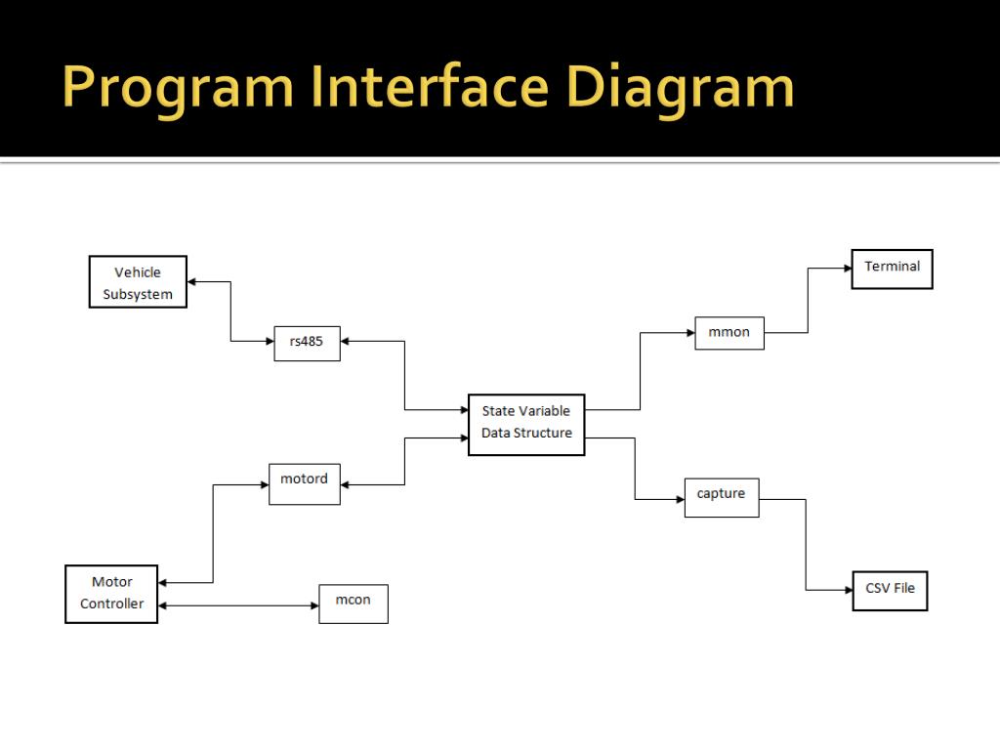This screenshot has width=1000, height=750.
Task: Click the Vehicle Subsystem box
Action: point(138,282)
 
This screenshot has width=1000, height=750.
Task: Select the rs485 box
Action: point(307,342)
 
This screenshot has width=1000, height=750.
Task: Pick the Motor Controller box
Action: point(111,593)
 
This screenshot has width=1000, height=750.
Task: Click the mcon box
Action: point(354,604)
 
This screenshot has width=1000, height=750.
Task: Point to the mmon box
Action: point(729,332)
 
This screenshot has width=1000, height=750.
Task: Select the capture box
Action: point(722,497)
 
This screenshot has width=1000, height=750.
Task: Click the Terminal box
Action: point(893,269)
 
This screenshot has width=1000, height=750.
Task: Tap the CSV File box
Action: point(890,590)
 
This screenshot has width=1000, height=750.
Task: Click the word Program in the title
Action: point(177,88)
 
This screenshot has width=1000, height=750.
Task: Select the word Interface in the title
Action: point(430,88)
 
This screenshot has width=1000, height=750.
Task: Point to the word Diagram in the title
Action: point(681,88)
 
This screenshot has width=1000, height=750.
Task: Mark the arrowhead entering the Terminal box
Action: point(847,269)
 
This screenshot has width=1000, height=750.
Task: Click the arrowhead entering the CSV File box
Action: point(848,590)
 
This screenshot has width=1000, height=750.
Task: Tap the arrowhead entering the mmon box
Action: point(689,333)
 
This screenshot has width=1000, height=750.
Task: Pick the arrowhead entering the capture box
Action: point(680,499)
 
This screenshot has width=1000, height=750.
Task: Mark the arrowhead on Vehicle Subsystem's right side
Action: point(192,282)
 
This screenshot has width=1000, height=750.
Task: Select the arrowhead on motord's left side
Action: point(264,483)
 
